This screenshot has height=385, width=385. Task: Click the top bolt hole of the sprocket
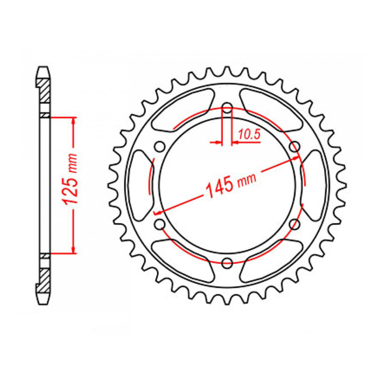point(227,107)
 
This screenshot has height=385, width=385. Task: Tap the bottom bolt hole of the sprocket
point(227,263)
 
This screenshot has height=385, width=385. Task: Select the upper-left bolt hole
point(160,147)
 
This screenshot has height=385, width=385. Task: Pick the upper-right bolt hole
point(295,146)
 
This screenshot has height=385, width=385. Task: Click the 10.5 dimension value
point(249,135)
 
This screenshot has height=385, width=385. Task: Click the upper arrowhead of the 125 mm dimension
point(74,121)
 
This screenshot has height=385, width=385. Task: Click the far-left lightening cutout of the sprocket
point(140,185)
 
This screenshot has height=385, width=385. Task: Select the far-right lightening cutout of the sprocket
point(315,185)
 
